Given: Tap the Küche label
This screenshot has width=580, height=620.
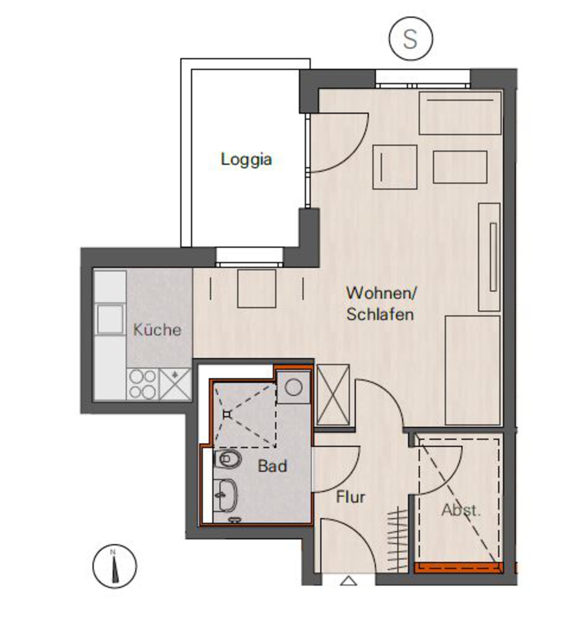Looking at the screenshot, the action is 157,330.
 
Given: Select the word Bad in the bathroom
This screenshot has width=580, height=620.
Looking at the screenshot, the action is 272,466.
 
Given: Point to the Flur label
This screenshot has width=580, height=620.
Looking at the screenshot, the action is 350,497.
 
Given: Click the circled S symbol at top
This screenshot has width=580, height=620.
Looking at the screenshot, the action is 411,39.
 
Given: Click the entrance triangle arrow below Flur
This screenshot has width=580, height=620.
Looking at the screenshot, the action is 348,581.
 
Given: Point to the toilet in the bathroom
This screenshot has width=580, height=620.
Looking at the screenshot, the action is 228,459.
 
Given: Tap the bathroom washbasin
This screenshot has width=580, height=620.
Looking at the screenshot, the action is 225,495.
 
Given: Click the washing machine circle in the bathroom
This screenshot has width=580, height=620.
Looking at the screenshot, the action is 293,388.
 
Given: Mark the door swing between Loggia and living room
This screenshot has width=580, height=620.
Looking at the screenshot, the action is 340,143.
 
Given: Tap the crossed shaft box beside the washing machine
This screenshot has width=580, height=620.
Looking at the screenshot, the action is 333,394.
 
